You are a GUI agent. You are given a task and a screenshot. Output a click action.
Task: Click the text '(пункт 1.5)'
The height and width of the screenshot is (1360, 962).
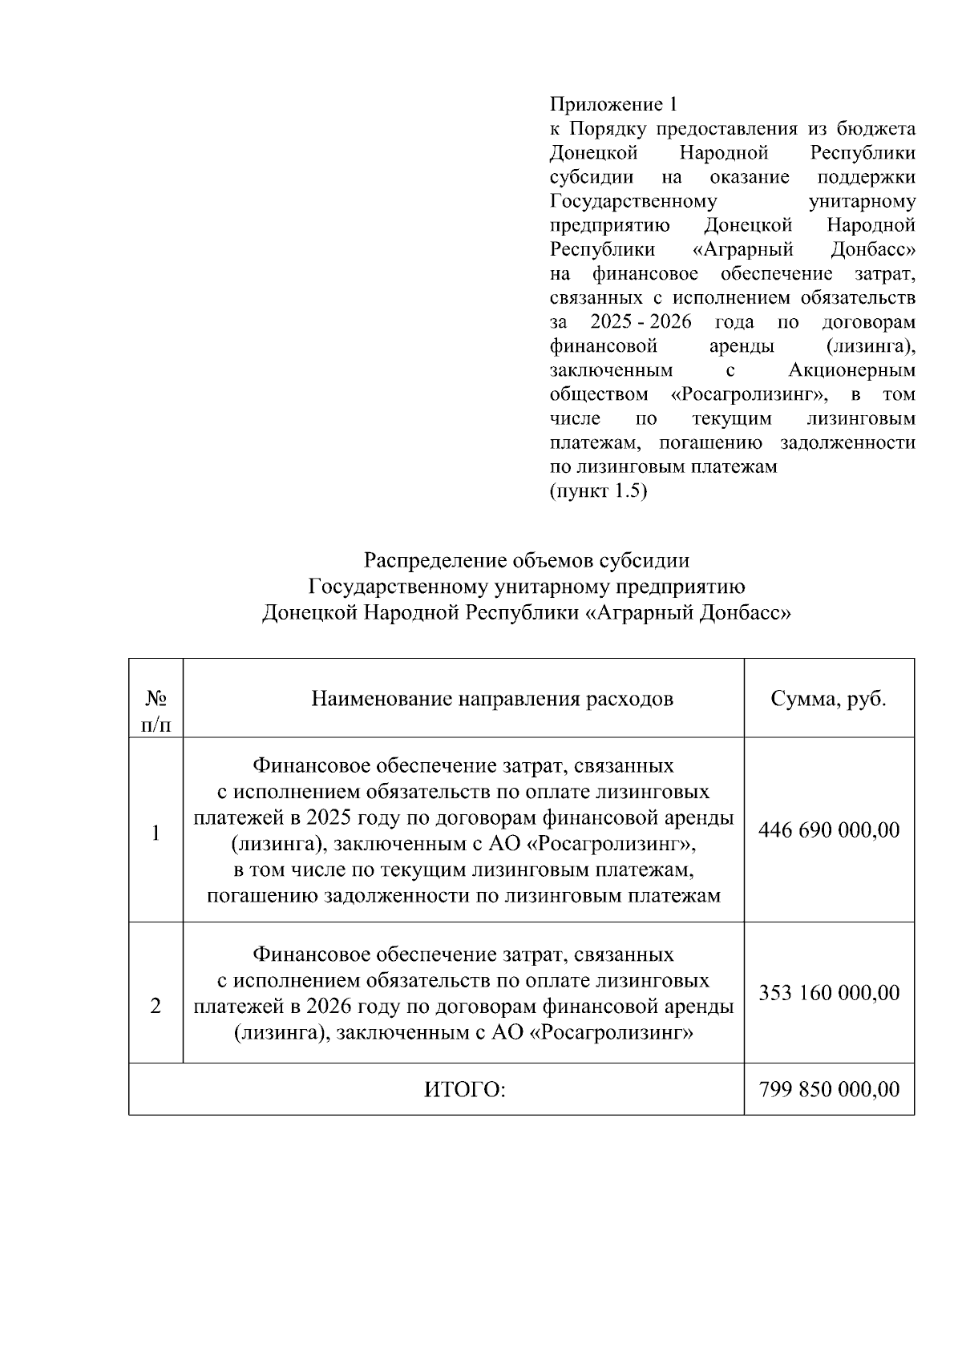pyautogui.click(x=598, y=491)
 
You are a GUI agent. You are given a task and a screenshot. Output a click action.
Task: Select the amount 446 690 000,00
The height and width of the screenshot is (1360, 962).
pyautogui.click(x=829, y=829)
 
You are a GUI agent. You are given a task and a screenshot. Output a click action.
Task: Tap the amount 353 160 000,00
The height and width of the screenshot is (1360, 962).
pyautogui.click(x=829, y=993)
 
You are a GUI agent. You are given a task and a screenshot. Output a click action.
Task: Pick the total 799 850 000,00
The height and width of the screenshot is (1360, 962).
pyautogui.click(x=829, y=1090)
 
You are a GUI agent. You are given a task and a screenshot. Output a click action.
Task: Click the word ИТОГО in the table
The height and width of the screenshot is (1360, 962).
pyautogui.click(x=465, y=1090)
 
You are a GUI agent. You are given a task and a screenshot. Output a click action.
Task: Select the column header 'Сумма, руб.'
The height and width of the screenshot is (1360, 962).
pyautogui.click(x=829, y=699)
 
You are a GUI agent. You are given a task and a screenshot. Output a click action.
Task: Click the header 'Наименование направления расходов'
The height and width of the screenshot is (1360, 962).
pyautogui.click(x=492, y=699)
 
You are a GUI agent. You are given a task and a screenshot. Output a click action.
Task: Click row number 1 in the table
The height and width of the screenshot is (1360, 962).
pyautogui.click(x=156, y=833)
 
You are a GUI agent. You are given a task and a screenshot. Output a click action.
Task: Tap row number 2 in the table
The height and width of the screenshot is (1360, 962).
pyautogui.click(x=156, y=1006)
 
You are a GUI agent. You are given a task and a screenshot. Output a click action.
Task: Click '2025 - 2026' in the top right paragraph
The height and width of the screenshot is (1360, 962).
pyautogui.click(x=641, y=322)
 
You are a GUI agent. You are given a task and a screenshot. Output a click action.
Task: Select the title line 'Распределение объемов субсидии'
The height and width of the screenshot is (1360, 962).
pyautogui.click(x=527, y=560)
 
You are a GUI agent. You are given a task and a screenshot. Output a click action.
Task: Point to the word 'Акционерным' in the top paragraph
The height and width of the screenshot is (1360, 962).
pyautogui.click(x=851, y=371)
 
